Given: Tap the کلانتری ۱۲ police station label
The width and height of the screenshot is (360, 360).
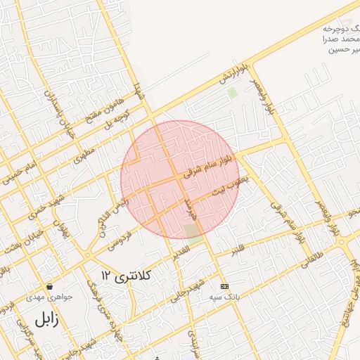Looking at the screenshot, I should [x=126, y=274].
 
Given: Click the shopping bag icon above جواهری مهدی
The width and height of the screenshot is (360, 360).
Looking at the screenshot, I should [x=50, y=286].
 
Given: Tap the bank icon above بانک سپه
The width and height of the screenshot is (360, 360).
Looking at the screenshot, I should [x=224, y=286].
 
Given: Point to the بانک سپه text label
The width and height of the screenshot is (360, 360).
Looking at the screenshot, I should [x=224, y=297].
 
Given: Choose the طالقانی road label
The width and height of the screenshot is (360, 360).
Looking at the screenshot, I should [x=309, y=261].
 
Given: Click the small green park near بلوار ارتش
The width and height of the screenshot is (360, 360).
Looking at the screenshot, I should [x=233, y=92].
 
